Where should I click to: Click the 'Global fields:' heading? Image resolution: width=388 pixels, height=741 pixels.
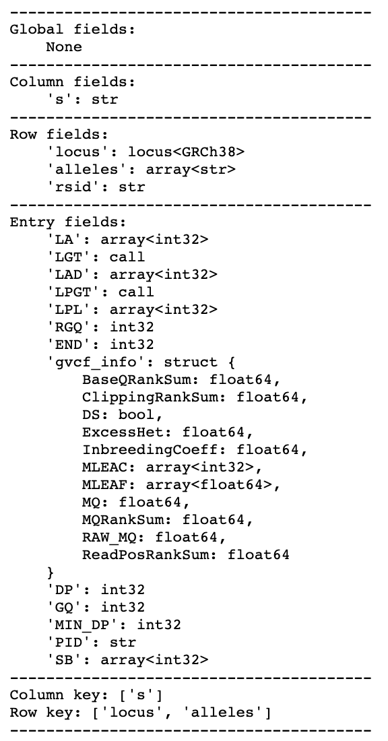pyautogui.click(x=72, y=29)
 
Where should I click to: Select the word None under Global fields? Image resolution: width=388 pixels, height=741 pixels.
pyautogui.click(x=64, y=46)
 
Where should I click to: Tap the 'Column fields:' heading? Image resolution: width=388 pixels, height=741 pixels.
pyautogui.click(x=72, y=82)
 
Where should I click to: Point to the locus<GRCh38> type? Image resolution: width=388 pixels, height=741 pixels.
pyautogui.click(x=186, y=152)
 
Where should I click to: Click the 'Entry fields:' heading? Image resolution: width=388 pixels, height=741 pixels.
pyautogui.click(x=68, y=222)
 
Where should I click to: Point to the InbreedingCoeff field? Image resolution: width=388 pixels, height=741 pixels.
pyautogui.click(x=153, y=449)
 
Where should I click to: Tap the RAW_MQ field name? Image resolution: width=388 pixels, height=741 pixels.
pyautogui.click(x=113, y=538)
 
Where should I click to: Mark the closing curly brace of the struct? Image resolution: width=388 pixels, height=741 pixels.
pyautogui.click(x=51, y=573)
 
